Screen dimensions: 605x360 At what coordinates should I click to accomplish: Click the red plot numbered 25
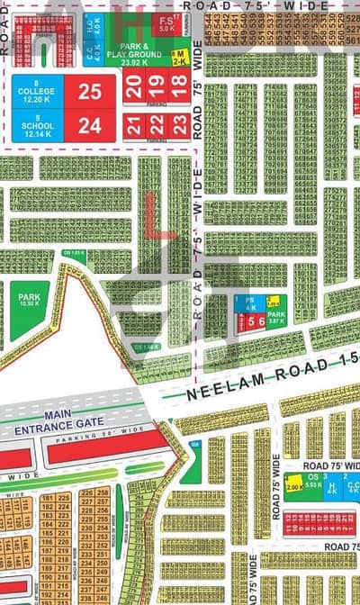[89, 90]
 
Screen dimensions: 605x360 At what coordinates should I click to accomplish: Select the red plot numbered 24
[89, 126]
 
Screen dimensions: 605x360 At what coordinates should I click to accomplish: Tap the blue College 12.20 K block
[38, 90]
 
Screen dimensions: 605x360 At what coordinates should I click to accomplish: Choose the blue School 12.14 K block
[38, 125]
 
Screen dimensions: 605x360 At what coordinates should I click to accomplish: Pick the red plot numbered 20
[133, 88]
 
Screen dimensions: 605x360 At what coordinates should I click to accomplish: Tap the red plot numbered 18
[178, 88]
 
